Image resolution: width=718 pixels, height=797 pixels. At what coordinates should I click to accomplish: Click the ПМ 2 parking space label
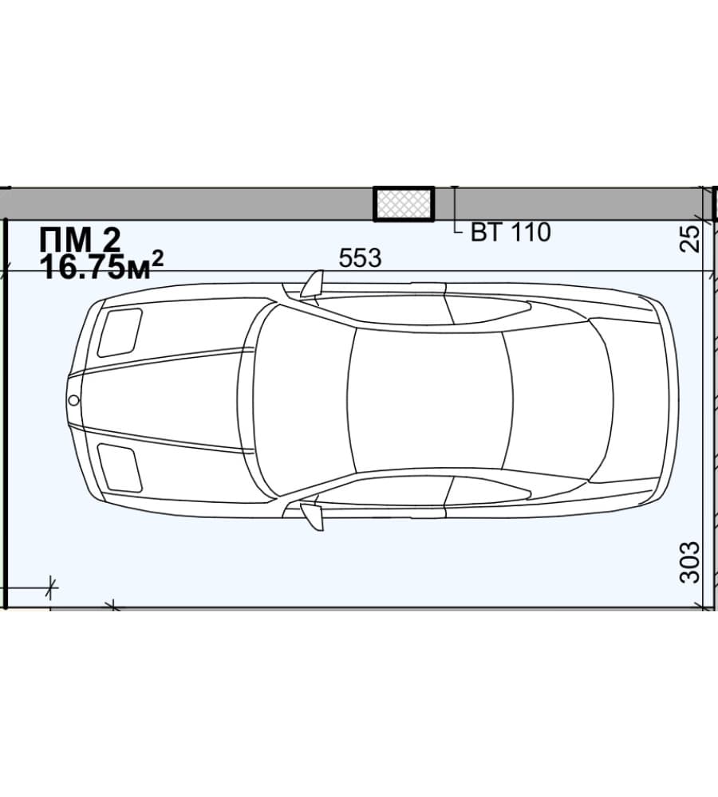[x=80, y=239]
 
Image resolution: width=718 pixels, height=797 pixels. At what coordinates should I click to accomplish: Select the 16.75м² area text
[x=102, y=267]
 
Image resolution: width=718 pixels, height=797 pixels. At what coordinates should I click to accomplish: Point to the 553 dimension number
[x=360, y=258]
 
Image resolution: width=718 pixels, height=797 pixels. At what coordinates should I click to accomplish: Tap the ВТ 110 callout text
[x=511, y=232]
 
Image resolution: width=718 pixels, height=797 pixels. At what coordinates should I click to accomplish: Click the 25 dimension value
[x=690, y=238]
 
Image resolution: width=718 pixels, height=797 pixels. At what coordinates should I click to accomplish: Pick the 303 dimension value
[x=690, y=562]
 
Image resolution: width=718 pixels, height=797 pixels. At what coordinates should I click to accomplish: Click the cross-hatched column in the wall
[x=404, y=204]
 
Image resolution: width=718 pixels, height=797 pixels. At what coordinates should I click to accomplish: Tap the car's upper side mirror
[x=313, y=284]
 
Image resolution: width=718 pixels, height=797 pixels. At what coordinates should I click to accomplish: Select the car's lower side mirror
[x=313, y=516]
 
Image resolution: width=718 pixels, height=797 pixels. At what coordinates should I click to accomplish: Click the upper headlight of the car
[x=120, y=332]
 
